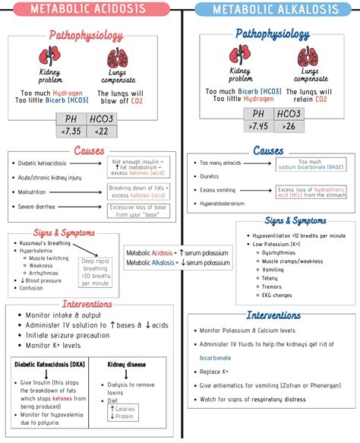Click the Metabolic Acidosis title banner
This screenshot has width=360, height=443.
(x=89, y=10)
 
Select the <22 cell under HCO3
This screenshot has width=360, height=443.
(x=101, y=131)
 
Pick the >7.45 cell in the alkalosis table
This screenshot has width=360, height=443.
(x=258, y=126)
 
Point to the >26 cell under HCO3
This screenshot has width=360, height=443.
(x=289, y=126)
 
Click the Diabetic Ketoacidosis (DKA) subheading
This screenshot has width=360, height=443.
(x=49, y=364)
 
